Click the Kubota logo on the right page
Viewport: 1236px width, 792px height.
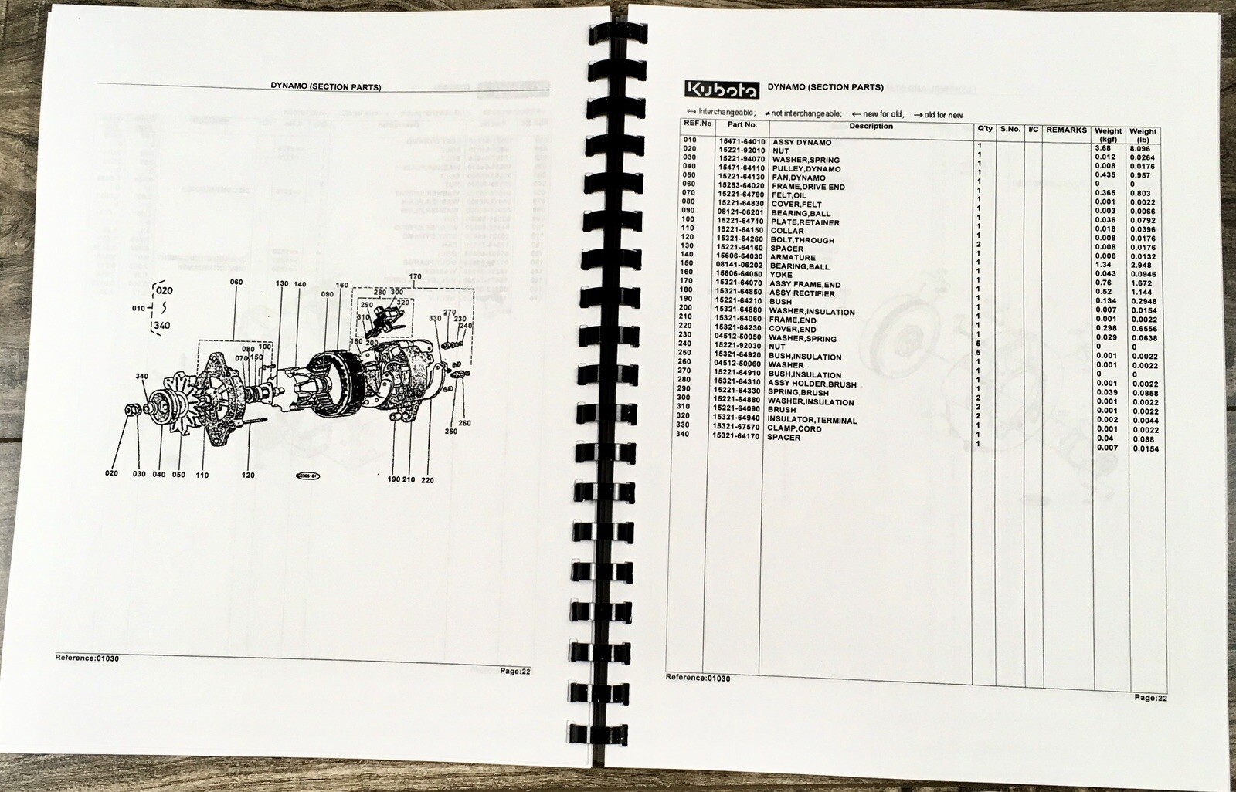722,90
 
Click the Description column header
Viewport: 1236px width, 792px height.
871,126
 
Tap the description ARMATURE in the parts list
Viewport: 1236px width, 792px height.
792,258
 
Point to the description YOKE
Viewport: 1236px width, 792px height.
781,275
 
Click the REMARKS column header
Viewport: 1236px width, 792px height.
1066,130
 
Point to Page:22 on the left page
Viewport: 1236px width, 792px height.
514,671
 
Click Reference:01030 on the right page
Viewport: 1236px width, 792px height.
698,678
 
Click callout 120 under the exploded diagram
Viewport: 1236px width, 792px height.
248,475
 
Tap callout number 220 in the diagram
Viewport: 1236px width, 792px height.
427,480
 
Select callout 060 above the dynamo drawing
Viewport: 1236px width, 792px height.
236,283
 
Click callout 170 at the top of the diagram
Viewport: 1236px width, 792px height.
415,276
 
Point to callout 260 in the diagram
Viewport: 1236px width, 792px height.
464,423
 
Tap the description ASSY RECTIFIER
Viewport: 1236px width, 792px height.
803,293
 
